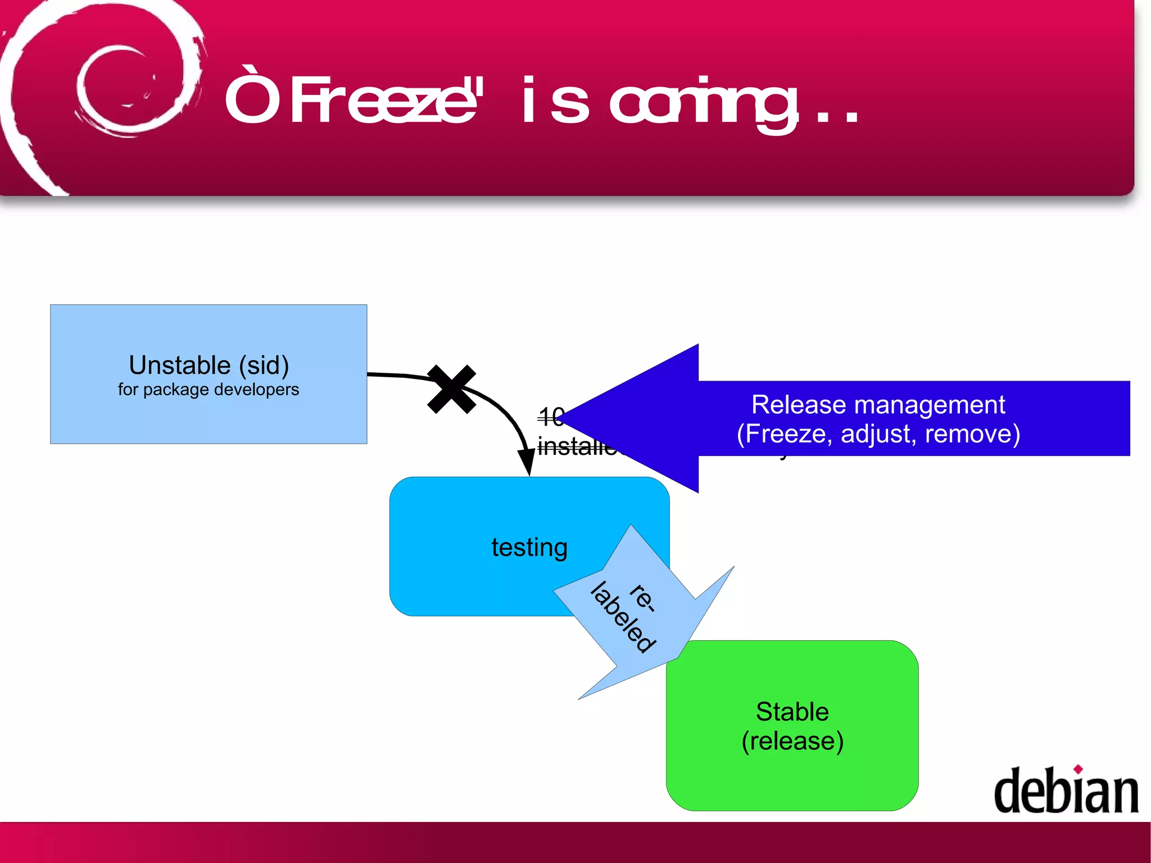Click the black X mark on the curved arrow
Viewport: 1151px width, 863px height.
click(x=451, y=389)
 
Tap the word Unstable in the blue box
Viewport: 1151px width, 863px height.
click(x=179, y=365)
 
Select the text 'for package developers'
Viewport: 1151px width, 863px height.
click(x=208, y=390)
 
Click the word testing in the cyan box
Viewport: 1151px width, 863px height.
click(x=529, y=547)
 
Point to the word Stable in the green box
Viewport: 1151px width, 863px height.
click(x=792, y=712)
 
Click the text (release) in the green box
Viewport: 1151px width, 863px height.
click(x=792, y=741)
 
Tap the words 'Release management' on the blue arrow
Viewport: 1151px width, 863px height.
click(x=878, y=405)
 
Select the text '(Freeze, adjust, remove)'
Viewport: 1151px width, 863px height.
click(x=878, y=434)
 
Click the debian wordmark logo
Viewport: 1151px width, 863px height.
click(x=1066, y=792)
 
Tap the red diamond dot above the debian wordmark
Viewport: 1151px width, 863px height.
click(x=1078, y=769)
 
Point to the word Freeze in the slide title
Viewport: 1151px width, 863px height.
click(x=382, y=101)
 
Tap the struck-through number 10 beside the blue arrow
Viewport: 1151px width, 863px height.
click(x=549, y=417)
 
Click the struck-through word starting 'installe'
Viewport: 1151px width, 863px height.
click(x=576, y=446)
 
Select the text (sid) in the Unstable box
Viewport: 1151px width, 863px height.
click(x=264, y=365)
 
